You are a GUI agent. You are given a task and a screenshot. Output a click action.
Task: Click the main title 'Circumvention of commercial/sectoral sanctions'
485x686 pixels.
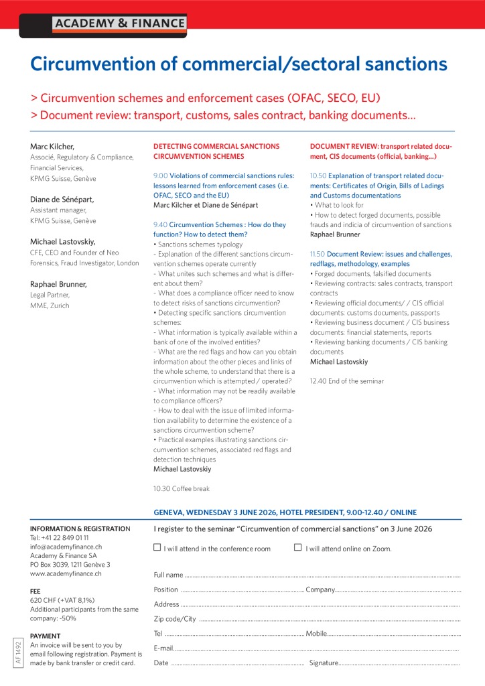tap(238, 64)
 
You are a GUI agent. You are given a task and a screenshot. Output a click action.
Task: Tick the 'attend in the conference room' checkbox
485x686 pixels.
tap(157, 547)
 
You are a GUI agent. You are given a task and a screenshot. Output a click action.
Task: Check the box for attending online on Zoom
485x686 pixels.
tap(298, 547)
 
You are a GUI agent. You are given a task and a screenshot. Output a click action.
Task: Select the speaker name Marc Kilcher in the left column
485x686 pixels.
tap(52, 147)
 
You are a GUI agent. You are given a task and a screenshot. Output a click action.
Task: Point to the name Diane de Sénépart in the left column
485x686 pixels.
tap(63, 199)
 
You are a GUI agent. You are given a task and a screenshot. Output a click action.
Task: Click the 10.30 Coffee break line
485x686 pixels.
tap(182, 488)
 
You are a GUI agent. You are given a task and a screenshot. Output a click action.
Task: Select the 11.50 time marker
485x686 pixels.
tap(317, 254)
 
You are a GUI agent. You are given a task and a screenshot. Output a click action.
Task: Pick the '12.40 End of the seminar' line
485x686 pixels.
tap(347, 381)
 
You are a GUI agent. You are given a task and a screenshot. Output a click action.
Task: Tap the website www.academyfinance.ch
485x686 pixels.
tap(65, 573)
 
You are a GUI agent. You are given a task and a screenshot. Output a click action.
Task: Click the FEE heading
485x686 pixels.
tap(36, 592)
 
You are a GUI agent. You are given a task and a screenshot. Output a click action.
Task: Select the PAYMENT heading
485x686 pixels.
tap(46, 636)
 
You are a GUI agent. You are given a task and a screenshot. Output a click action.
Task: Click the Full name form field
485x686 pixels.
tap(322, 575)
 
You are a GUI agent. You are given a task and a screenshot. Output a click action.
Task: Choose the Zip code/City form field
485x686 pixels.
tap(328, 619)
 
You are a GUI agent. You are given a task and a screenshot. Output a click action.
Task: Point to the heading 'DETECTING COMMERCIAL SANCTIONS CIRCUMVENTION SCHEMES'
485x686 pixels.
tap(216, 151)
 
